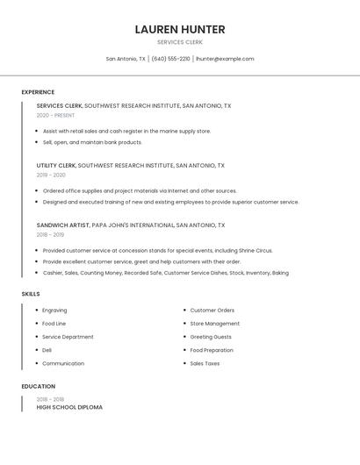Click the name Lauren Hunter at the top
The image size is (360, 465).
click(180, 29)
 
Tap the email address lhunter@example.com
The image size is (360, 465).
click(225, 59)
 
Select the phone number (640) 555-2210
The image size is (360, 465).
click(170, 59)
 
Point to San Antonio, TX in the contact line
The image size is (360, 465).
click(126, 59)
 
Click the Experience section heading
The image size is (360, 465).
click(38, 92)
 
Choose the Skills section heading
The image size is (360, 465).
click(31, 294)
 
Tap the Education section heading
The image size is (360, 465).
click(39, 386)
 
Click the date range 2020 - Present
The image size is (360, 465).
click(55, 115)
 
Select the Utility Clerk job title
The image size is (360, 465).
click(56, 165)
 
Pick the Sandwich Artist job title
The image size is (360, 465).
click(63, 225)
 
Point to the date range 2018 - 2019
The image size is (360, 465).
click(50, 234)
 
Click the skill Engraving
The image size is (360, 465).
click(54, 310)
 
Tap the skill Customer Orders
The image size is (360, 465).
click(212, 310)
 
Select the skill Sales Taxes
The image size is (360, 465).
click(205, 363)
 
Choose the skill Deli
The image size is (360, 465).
click(47, 350)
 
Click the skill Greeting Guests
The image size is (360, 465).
click(211, 337)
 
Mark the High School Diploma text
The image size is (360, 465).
click(69, 407)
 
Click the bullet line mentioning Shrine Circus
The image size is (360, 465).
click(158, 250)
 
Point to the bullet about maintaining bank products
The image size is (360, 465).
click(92, 142)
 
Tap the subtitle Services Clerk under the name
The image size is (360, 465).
click(180, 42)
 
